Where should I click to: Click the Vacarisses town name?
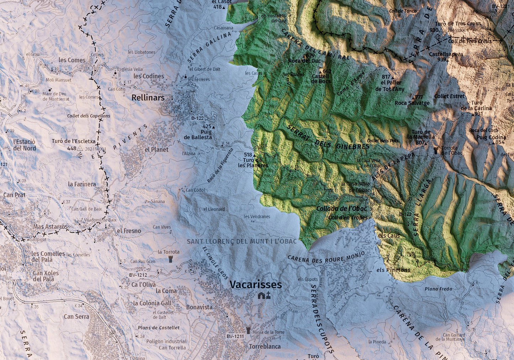pos(255,285)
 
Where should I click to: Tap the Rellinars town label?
pos(148,97)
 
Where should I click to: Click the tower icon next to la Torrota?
pos(171,259)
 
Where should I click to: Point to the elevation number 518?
pos(248,155)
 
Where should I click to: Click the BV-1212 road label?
pos(138,275)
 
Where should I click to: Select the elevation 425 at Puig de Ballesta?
pos(207,126)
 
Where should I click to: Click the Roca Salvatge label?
pos(412,103)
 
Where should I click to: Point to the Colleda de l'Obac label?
pos(341,209)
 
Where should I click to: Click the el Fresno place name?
pos(129,231)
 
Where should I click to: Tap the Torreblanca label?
pos(265,346)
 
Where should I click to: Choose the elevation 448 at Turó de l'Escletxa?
pos(72,148)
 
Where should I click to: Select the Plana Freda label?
pos(438,289)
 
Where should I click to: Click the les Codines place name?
pos(149,76)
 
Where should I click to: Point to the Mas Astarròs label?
pos(50,227)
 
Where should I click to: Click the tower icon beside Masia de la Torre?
pos(248,330)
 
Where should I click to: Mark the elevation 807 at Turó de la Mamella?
pos(420,143)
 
